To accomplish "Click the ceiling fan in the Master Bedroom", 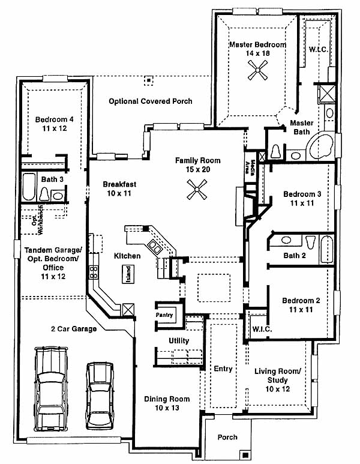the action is (x=257, y=70).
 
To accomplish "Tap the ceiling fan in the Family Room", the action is (x=197, y=190).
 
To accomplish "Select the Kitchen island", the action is (x=128, y=274).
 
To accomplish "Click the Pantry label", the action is (x=164, y=315).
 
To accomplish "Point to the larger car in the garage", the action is (x=51, y=389).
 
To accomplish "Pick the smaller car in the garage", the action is (x=100, y=396).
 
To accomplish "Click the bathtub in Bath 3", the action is (x=29, y=187).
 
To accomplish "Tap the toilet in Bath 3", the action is (x=44, y=194).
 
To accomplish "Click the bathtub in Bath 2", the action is (x=326, y=249).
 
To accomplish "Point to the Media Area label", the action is (x=250, y=168).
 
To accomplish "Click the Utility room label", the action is (x=179, y=340).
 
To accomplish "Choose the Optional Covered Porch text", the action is (x=151, y=101).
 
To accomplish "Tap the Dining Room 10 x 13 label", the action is (x=167, y=403).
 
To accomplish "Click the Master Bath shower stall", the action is (x=326, y=94).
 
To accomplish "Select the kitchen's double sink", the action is (x=155, y=247).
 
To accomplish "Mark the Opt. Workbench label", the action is (x=38, y=220).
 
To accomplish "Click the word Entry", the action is (x=223, y=369).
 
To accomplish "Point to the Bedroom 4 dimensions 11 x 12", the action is (x=55, y=128).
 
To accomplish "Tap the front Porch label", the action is (x=227, y=437).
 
